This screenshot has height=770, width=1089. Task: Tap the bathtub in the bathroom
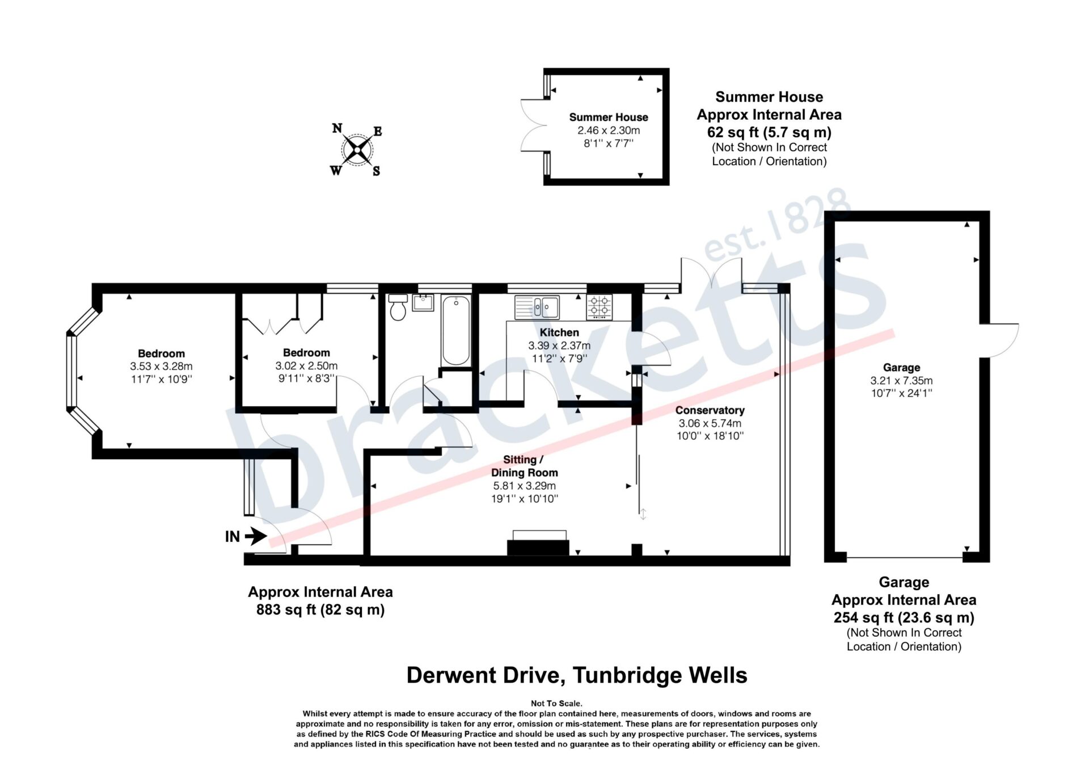[455, 330]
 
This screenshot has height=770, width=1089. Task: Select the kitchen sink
[537, 307]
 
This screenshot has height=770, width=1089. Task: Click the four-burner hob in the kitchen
[599, 306]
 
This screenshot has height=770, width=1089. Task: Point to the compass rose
[357, 150]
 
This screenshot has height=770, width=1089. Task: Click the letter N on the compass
[337, 128]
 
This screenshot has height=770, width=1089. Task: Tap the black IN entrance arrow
[256, 536]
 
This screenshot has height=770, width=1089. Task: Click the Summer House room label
[609, 117]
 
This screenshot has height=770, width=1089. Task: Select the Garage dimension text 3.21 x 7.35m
[901, 381]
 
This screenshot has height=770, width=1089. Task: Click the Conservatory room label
[710, 410]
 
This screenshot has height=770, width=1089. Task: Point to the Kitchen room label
[559, 333]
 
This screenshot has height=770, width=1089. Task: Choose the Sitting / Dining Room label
[524, 466]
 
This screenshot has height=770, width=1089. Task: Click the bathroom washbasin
[423, 302]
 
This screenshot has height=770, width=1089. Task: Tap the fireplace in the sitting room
[538, 543]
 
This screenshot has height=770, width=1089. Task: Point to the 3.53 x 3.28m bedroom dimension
[162, 367]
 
